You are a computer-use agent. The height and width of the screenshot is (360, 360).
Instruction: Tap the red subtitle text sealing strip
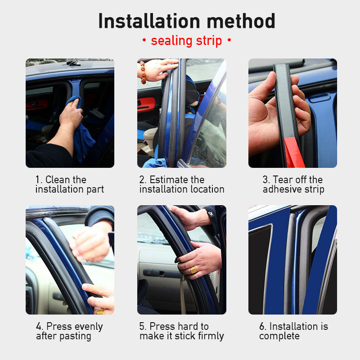(186, 41)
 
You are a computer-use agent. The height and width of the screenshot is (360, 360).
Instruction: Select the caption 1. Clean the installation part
(69, 184)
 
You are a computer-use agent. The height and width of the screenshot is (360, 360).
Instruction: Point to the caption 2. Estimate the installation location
(181, 184)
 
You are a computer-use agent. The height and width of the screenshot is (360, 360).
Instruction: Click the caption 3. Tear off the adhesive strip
(293, 184)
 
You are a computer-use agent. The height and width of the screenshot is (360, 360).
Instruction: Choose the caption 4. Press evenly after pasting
(69, 331)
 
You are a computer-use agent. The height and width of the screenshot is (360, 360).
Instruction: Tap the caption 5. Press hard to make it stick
(181, 331)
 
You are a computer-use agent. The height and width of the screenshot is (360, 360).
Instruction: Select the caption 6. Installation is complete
(293, 331)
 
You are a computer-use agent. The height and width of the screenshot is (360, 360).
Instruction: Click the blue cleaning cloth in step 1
(83, 135)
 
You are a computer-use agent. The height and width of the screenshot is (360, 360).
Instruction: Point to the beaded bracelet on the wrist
(143, 72)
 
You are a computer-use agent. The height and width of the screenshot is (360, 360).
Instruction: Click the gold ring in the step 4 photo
(100, 311)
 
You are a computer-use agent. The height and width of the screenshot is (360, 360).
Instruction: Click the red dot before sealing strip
(144, 41)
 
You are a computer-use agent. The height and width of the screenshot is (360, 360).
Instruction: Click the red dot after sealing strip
(229, 41)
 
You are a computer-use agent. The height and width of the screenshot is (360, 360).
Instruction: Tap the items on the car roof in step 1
(72, 63)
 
